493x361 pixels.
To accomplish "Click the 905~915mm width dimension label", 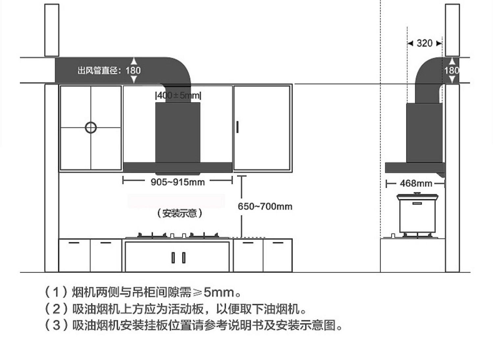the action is (177, 182).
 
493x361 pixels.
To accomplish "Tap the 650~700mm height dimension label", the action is (265, 206).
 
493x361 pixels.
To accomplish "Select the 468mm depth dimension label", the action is (416, 183).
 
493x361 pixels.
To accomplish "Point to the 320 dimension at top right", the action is (424, 43).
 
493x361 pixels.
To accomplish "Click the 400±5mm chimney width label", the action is (178, 95).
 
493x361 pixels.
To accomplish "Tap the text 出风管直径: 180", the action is (109, 70).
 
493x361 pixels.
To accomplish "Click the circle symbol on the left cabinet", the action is (91, 128).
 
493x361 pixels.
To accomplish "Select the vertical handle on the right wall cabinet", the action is (237, 127).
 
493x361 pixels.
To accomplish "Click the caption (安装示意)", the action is (179, 213).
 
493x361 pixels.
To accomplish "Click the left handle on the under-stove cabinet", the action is (173, 257).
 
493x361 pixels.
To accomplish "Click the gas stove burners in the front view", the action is (177, 235).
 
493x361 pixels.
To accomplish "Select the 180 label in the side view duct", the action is (452, 70).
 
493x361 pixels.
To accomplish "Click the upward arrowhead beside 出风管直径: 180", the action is (134, 61).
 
